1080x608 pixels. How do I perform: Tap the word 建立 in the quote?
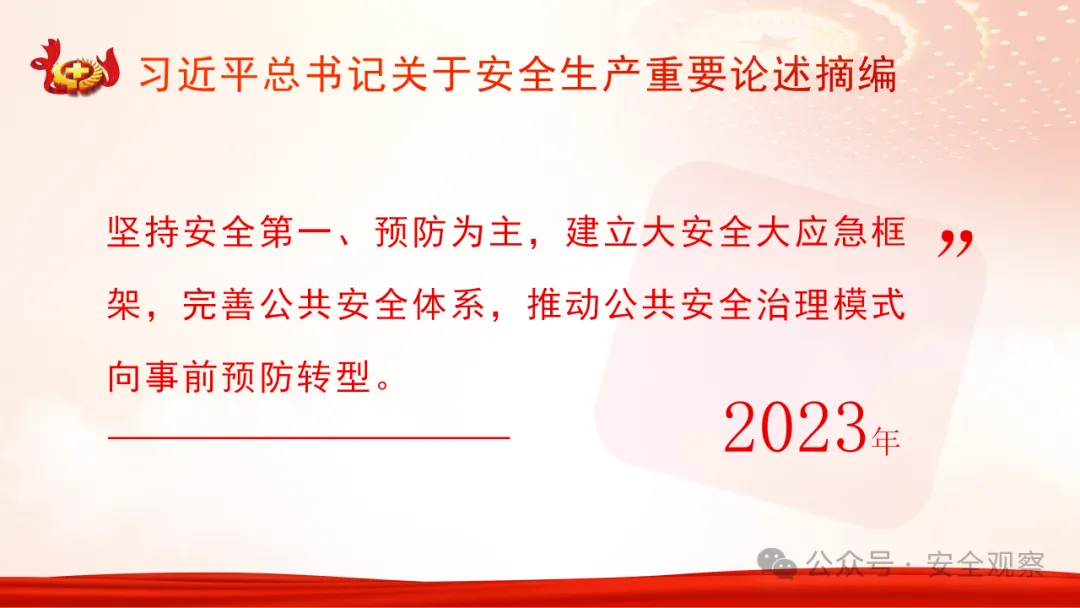[601, 236]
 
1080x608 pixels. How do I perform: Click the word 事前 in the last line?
[182, 376]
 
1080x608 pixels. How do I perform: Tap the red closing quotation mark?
[955, 243]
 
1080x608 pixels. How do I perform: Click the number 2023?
[794, 429]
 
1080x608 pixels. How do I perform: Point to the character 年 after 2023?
[886, 440]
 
